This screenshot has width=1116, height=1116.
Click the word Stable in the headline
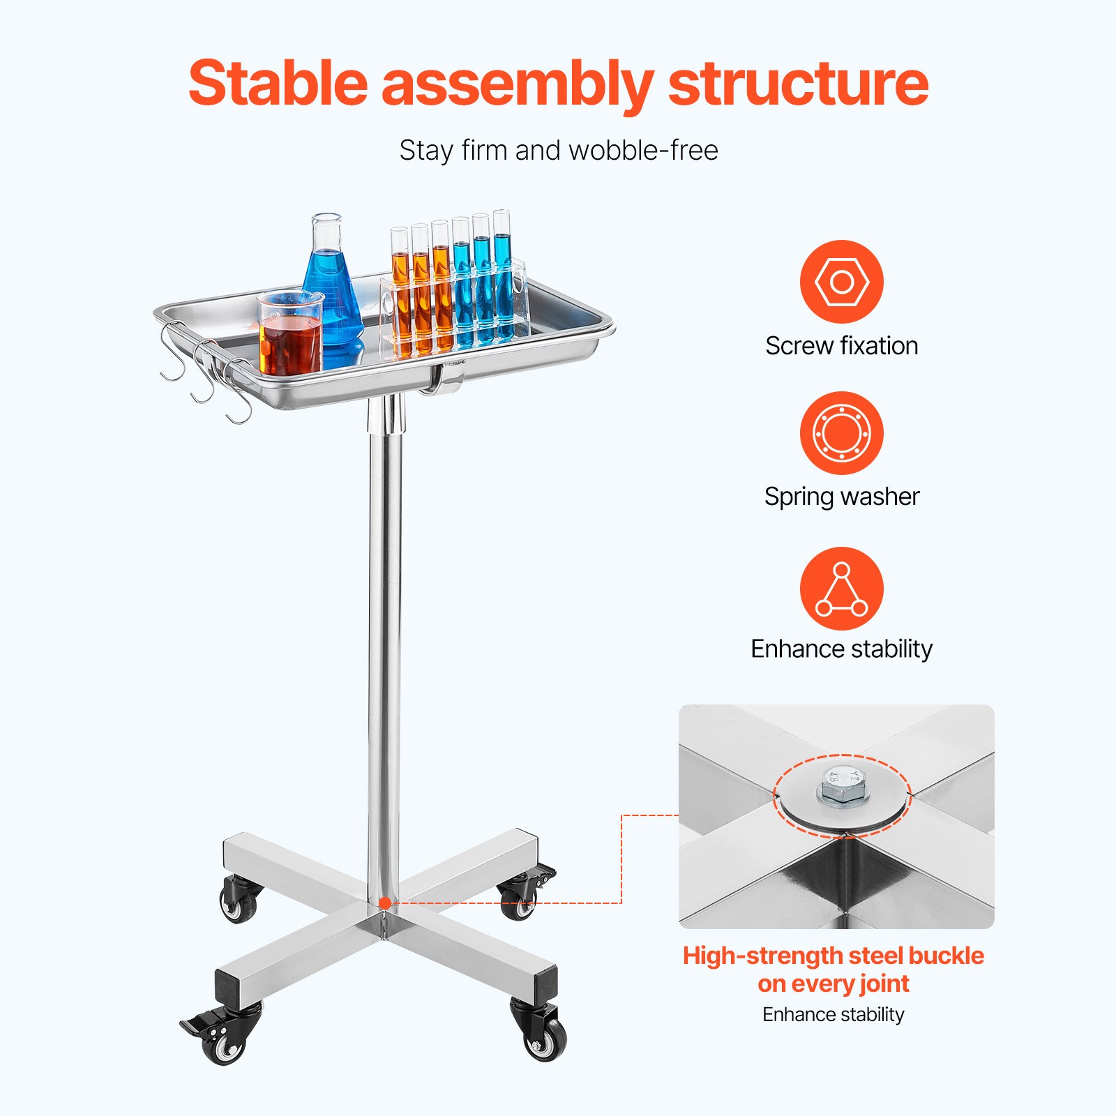(x=278, y=84)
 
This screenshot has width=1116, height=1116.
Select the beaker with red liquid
(x=290, y=335)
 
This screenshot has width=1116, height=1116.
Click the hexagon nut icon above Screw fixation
(x=841, y=282)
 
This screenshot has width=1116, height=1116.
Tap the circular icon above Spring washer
(x=841, y=433)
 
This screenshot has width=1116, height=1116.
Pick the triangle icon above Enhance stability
(x=841, y=589)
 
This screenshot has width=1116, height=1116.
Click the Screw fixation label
(x=841, y=346)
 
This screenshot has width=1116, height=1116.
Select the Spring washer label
(x=841, y=497)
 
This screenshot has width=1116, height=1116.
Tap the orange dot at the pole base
(x=384, y=903)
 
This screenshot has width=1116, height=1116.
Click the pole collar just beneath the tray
(x=386, y=413)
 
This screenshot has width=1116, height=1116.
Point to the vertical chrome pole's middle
(x=384, y=649)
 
